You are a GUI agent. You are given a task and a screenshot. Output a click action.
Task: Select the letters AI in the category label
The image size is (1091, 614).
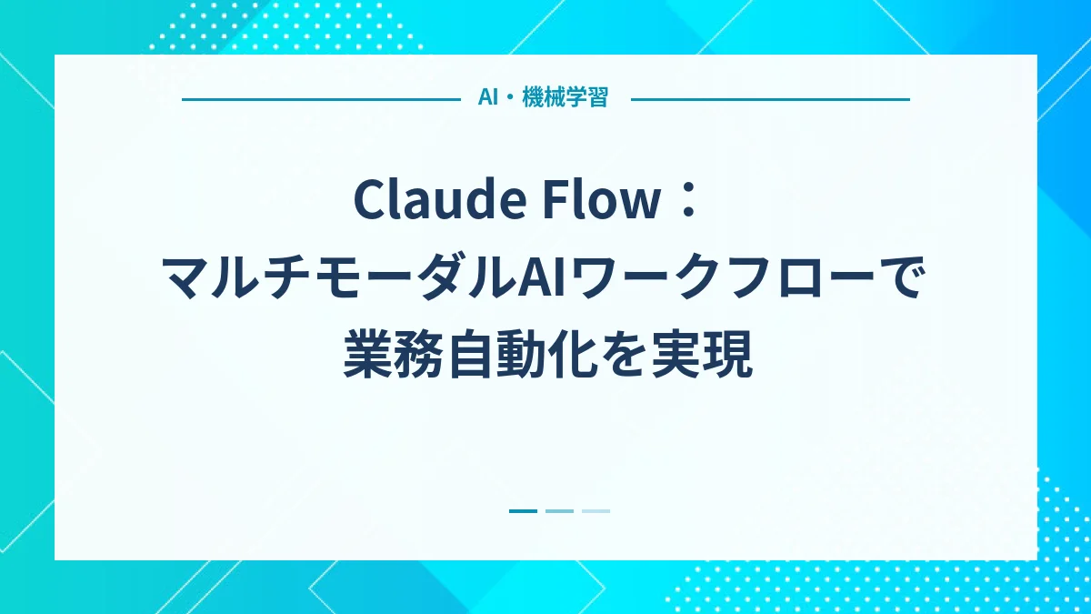[487, 98]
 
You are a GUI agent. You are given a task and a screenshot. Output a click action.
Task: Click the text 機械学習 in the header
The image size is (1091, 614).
[565, 98]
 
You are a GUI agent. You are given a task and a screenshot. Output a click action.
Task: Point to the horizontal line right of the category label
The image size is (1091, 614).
[770, 99]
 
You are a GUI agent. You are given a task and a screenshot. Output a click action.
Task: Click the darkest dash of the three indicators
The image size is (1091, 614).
[523, 511]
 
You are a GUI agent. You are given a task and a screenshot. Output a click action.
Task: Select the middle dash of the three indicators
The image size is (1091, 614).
[559, 511]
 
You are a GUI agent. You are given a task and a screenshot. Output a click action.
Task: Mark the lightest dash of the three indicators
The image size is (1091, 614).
[596, 511]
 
